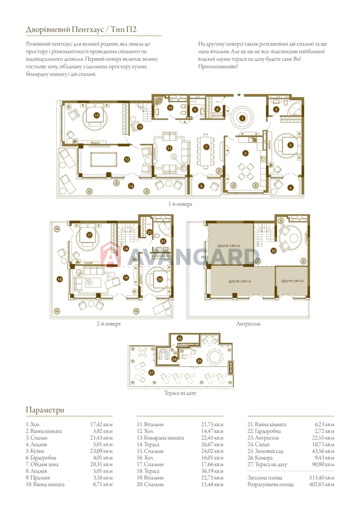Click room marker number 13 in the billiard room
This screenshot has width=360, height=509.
pos(127,159)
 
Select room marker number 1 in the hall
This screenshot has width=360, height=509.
pos(242,118)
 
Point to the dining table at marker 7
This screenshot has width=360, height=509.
pos(206,151)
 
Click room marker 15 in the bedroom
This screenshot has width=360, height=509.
pos(97,115)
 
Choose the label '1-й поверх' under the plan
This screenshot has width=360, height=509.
pos(180,204)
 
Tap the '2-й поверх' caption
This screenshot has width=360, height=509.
pos(109,324)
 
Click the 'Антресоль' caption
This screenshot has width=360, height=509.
pos(248,324)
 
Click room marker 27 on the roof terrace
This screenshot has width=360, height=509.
pos(151,373)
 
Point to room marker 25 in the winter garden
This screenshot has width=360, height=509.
pos(199,361)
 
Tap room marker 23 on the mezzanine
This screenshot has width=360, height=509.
pos(273,251)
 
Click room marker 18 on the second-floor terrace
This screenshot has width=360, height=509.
pos(59,279)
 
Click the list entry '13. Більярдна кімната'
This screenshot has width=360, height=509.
pos(160,438)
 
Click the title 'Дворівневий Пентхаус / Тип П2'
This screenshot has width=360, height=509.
pos(81,30)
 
